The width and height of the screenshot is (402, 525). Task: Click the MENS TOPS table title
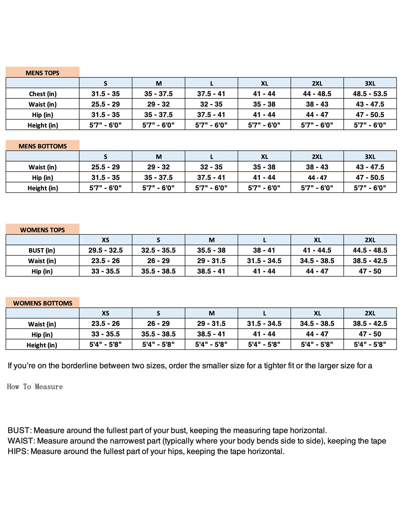coord(42,73)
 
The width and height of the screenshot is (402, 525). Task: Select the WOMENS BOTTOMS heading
coord(43,303)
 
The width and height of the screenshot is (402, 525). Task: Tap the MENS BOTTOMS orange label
coord(43,146)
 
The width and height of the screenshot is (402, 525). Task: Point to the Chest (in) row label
coord(43,94)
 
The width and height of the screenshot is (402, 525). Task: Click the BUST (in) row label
coord(42,250)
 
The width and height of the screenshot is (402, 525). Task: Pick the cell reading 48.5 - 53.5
coord(370,94)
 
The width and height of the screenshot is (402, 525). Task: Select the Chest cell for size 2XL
coord(317,94)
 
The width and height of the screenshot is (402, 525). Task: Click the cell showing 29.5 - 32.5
coord(105,250)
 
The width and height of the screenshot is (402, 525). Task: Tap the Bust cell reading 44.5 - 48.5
coord(370,250)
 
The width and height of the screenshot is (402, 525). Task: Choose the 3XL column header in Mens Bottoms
coord(370,157)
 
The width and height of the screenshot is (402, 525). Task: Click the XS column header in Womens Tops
coord(105,240)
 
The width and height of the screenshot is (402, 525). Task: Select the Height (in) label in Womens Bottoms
coord(42,345)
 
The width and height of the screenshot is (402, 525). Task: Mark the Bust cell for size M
coord(211,250)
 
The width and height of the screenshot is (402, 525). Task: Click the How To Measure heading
coord(35,387)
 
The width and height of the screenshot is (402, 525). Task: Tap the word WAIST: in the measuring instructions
coord(21,441)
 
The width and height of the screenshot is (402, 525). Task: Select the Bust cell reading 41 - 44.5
coord(317,250)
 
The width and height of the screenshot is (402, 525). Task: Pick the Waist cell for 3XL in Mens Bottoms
coord(370,167)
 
